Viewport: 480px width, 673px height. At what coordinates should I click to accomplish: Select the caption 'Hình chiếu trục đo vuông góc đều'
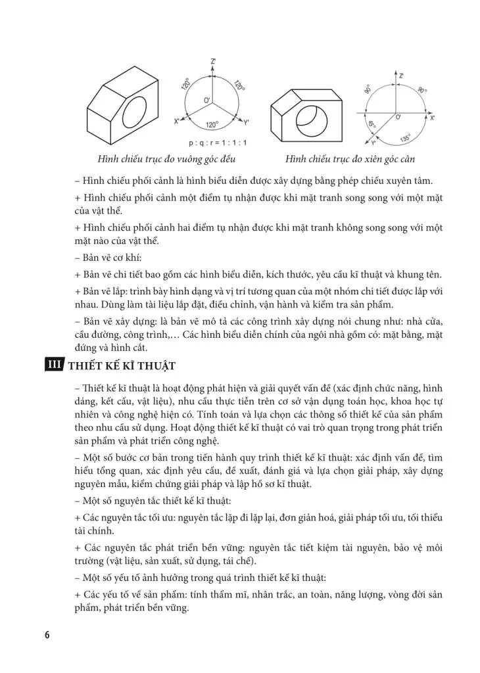pyautogui.click(x=167, y=160)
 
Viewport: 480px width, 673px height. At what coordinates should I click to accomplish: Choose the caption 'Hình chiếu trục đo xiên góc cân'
pyautogui.click(x=350, y=160)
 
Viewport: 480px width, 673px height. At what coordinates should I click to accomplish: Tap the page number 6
pyautogui.click(x=47, y=634)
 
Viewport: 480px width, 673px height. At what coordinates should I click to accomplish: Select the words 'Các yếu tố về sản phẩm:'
pyautogui.click(x=135, y=595)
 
